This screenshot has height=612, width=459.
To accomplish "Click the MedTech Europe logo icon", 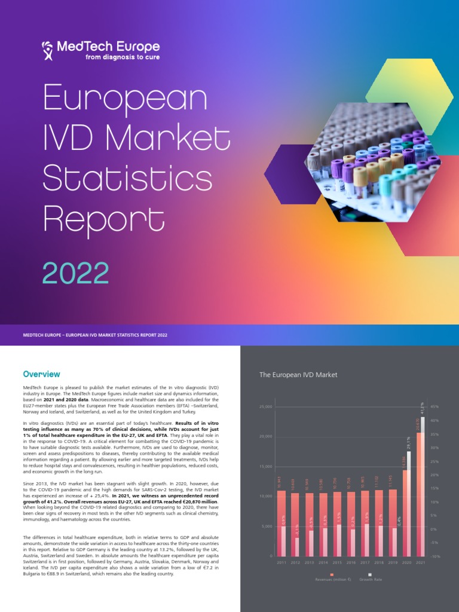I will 47,50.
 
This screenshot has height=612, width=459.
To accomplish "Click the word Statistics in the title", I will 127,178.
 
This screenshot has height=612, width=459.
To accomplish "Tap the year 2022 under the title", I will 75,273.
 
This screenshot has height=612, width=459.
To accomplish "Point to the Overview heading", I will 41,374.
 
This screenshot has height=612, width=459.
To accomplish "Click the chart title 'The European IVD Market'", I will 298,375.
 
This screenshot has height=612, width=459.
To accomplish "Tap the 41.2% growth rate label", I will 423,409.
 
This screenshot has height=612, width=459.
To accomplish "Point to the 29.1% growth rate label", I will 409,443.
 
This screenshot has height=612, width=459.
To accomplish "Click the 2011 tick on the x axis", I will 281,563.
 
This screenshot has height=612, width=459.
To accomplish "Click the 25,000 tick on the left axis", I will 265,406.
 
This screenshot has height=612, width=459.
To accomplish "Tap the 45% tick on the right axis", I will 434,406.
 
